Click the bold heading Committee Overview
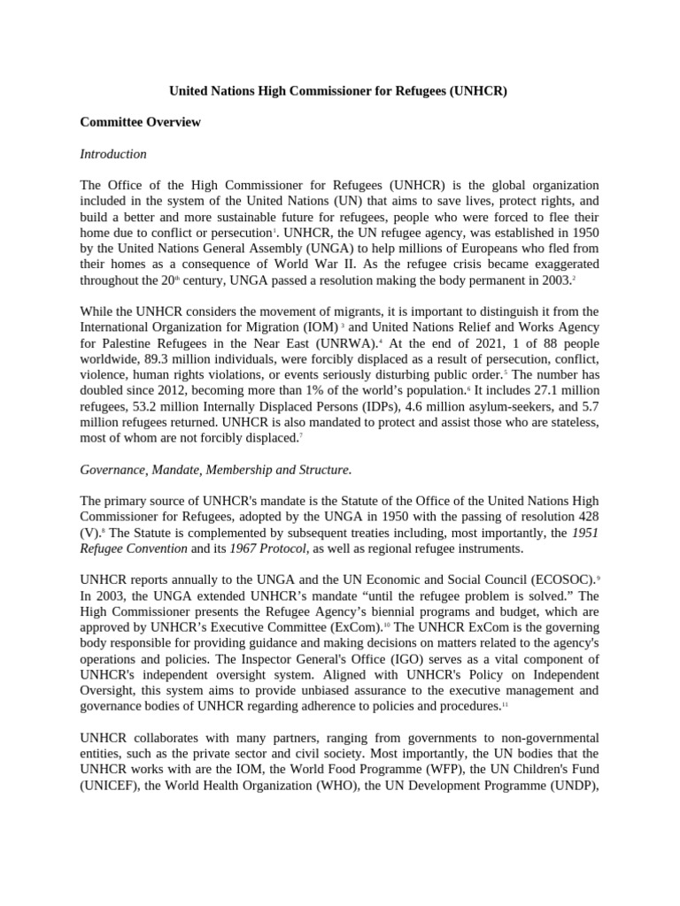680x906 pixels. pyautogui.click(x=140, y=122)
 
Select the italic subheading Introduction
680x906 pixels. pyautogui.click(x=113, y=154)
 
